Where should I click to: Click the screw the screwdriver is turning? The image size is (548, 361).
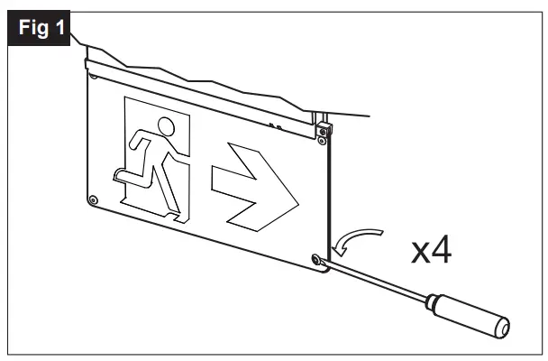316,261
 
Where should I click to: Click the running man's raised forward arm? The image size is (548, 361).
136,141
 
